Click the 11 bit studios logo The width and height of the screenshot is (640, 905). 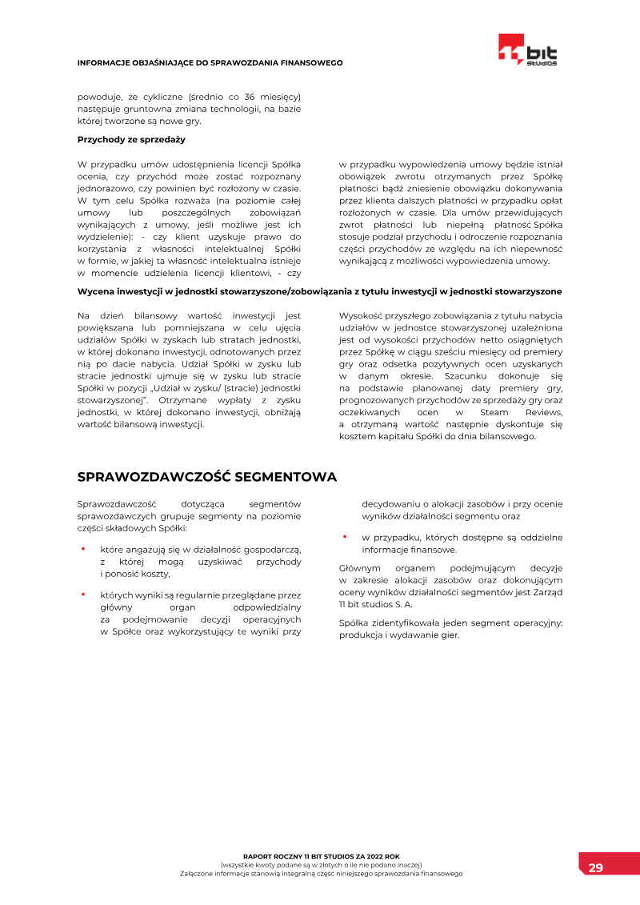point(527,50)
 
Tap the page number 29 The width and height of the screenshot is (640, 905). point(596,868)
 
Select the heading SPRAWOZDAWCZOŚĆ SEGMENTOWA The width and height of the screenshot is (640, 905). point(206,477)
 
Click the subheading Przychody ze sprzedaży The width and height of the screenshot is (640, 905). point(131,139)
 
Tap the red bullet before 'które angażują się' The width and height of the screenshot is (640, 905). point(82,550)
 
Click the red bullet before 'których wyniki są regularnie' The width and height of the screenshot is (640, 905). point(82,595)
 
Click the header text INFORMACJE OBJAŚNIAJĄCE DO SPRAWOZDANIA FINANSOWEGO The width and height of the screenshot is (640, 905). point(210,62)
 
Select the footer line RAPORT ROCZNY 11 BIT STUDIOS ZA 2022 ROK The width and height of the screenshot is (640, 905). point(321,856)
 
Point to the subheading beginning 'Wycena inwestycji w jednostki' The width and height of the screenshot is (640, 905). point(319,291)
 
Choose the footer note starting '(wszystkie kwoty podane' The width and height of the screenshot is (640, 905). point(321,865)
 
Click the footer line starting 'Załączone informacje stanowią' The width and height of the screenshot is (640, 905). point(321,874)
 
